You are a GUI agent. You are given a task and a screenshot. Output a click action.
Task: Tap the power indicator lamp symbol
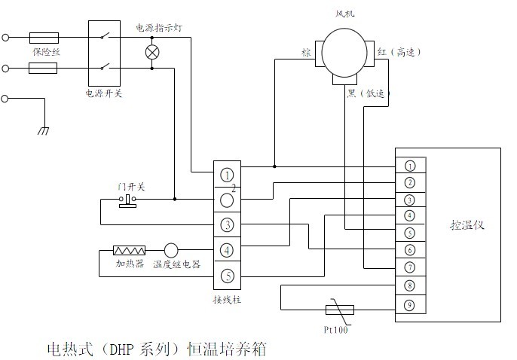tap(152, 53)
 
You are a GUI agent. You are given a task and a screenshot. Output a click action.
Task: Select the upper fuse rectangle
tap(43, 37)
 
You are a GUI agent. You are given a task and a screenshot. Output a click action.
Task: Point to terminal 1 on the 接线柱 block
tap(227, 175)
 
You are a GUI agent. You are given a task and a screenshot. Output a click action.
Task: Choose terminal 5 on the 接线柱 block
tap(227, 276)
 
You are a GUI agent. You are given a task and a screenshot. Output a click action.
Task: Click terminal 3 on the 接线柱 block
tap(227, 225)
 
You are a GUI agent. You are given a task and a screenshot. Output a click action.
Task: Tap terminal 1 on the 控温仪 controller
tap(409, 166)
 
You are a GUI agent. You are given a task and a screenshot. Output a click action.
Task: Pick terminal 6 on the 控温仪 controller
tap(409, 249)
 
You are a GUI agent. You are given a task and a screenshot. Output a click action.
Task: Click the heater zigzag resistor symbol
tap(129, 250)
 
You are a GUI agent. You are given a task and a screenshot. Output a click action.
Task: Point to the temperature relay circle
tap(171, 250)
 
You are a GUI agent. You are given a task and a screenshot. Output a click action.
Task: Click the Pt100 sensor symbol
tap(335, 309)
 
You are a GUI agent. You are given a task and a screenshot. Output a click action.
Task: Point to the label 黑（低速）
tap(367, 93)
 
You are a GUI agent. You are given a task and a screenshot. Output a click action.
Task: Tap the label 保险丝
tap(44, 53)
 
